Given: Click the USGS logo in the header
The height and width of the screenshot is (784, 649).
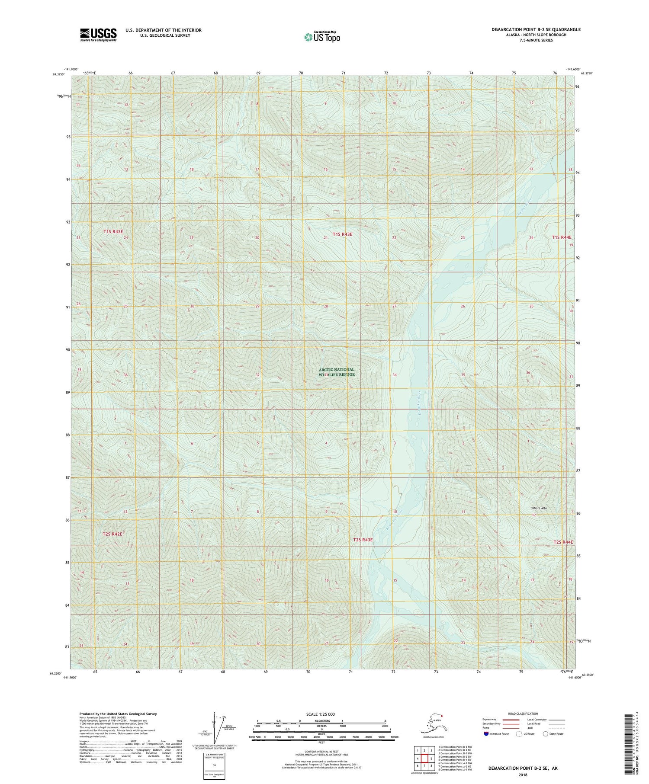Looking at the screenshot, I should coord(98,34).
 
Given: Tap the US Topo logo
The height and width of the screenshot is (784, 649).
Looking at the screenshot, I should coord(322,37).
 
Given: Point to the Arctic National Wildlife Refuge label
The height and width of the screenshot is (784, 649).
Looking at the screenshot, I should coord(337,372).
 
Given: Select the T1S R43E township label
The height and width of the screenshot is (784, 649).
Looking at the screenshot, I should coord(343,234).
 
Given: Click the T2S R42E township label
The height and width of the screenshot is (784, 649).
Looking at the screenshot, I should coord(112,534).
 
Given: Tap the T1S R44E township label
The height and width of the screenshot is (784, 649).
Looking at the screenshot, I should coord(562,237).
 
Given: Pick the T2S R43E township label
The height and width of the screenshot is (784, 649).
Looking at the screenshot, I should coord(363,540).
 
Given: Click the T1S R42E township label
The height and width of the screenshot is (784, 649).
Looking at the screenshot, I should coord(113,232).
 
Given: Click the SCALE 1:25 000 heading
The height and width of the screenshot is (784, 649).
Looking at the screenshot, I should coord(320,714).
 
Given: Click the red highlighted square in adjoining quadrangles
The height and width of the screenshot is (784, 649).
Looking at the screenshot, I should coord(425,758).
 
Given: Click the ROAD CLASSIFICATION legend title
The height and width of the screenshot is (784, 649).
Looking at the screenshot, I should coord(523,714).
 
